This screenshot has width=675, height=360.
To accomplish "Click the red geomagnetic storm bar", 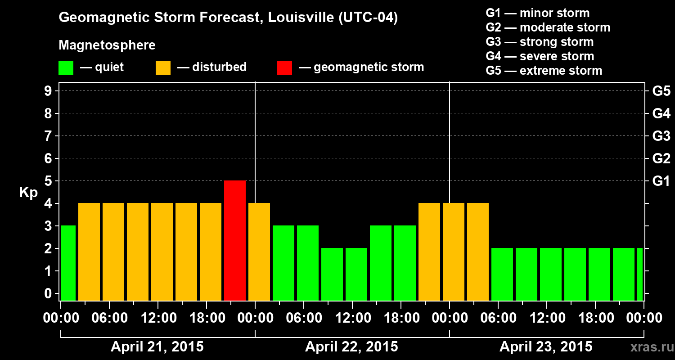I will [235, 240].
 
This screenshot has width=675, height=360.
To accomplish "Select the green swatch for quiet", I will [66, 67].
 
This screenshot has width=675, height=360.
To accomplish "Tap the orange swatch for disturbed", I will [163, 67].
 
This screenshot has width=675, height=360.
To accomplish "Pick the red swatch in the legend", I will [284, 67].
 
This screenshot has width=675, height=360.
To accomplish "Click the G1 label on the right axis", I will [661, 181].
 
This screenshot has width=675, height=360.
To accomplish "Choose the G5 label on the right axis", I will [661, 91].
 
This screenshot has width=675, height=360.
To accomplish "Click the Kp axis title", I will [28, 193].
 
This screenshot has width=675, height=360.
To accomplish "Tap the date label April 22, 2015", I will [351, 347].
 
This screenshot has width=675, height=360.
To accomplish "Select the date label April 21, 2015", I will [157, 347].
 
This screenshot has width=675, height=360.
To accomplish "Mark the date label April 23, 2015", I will [546, 347].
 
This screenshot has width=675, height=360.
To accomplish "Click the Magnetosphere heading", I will [107, 45].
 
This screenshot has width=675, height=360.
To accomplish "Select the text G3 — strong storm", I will [540, 42].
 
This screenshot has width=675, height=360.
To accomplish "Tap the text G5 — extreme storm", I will [544, 71].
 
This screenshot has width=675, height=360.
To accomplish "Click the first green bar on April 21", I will [68, 263].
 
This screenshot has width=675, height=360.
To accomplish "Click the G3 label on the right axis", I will [661, 136].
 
